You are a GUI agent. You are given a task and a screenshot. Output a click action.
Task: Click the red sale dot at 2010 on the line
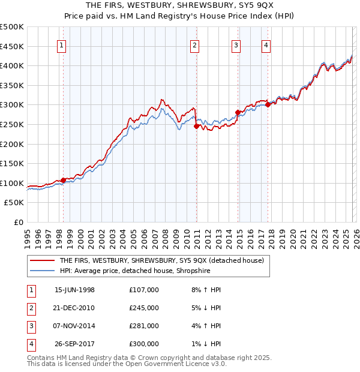pos(196,126)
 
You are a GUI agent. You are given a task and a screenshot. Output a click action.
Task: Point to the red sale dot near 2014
pos(238,112)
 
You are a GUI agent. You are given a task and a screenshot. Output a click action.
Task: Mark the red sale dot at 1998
pos(64,180)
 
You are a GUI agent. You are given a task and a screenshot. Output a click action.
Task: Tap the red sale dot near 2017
pos(268,104)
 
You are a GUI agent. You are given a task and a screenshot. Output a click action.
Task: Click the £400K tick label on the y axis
pos(12,65)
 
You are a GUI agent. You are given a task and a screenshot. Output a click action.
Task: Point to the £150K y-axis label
pos(12,163)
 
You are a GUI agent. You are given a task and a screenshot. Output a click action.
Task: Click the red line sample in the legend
pos(42,261)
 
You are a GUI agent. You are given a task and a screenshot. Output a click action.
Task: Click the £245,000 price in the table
pos(143,308)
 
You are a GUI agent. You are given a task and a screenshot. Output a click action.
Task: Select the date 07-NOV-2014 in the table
pos(74,326)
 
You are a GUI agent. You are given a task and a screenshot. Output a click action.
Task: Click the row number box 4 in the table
pos(29,344)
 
